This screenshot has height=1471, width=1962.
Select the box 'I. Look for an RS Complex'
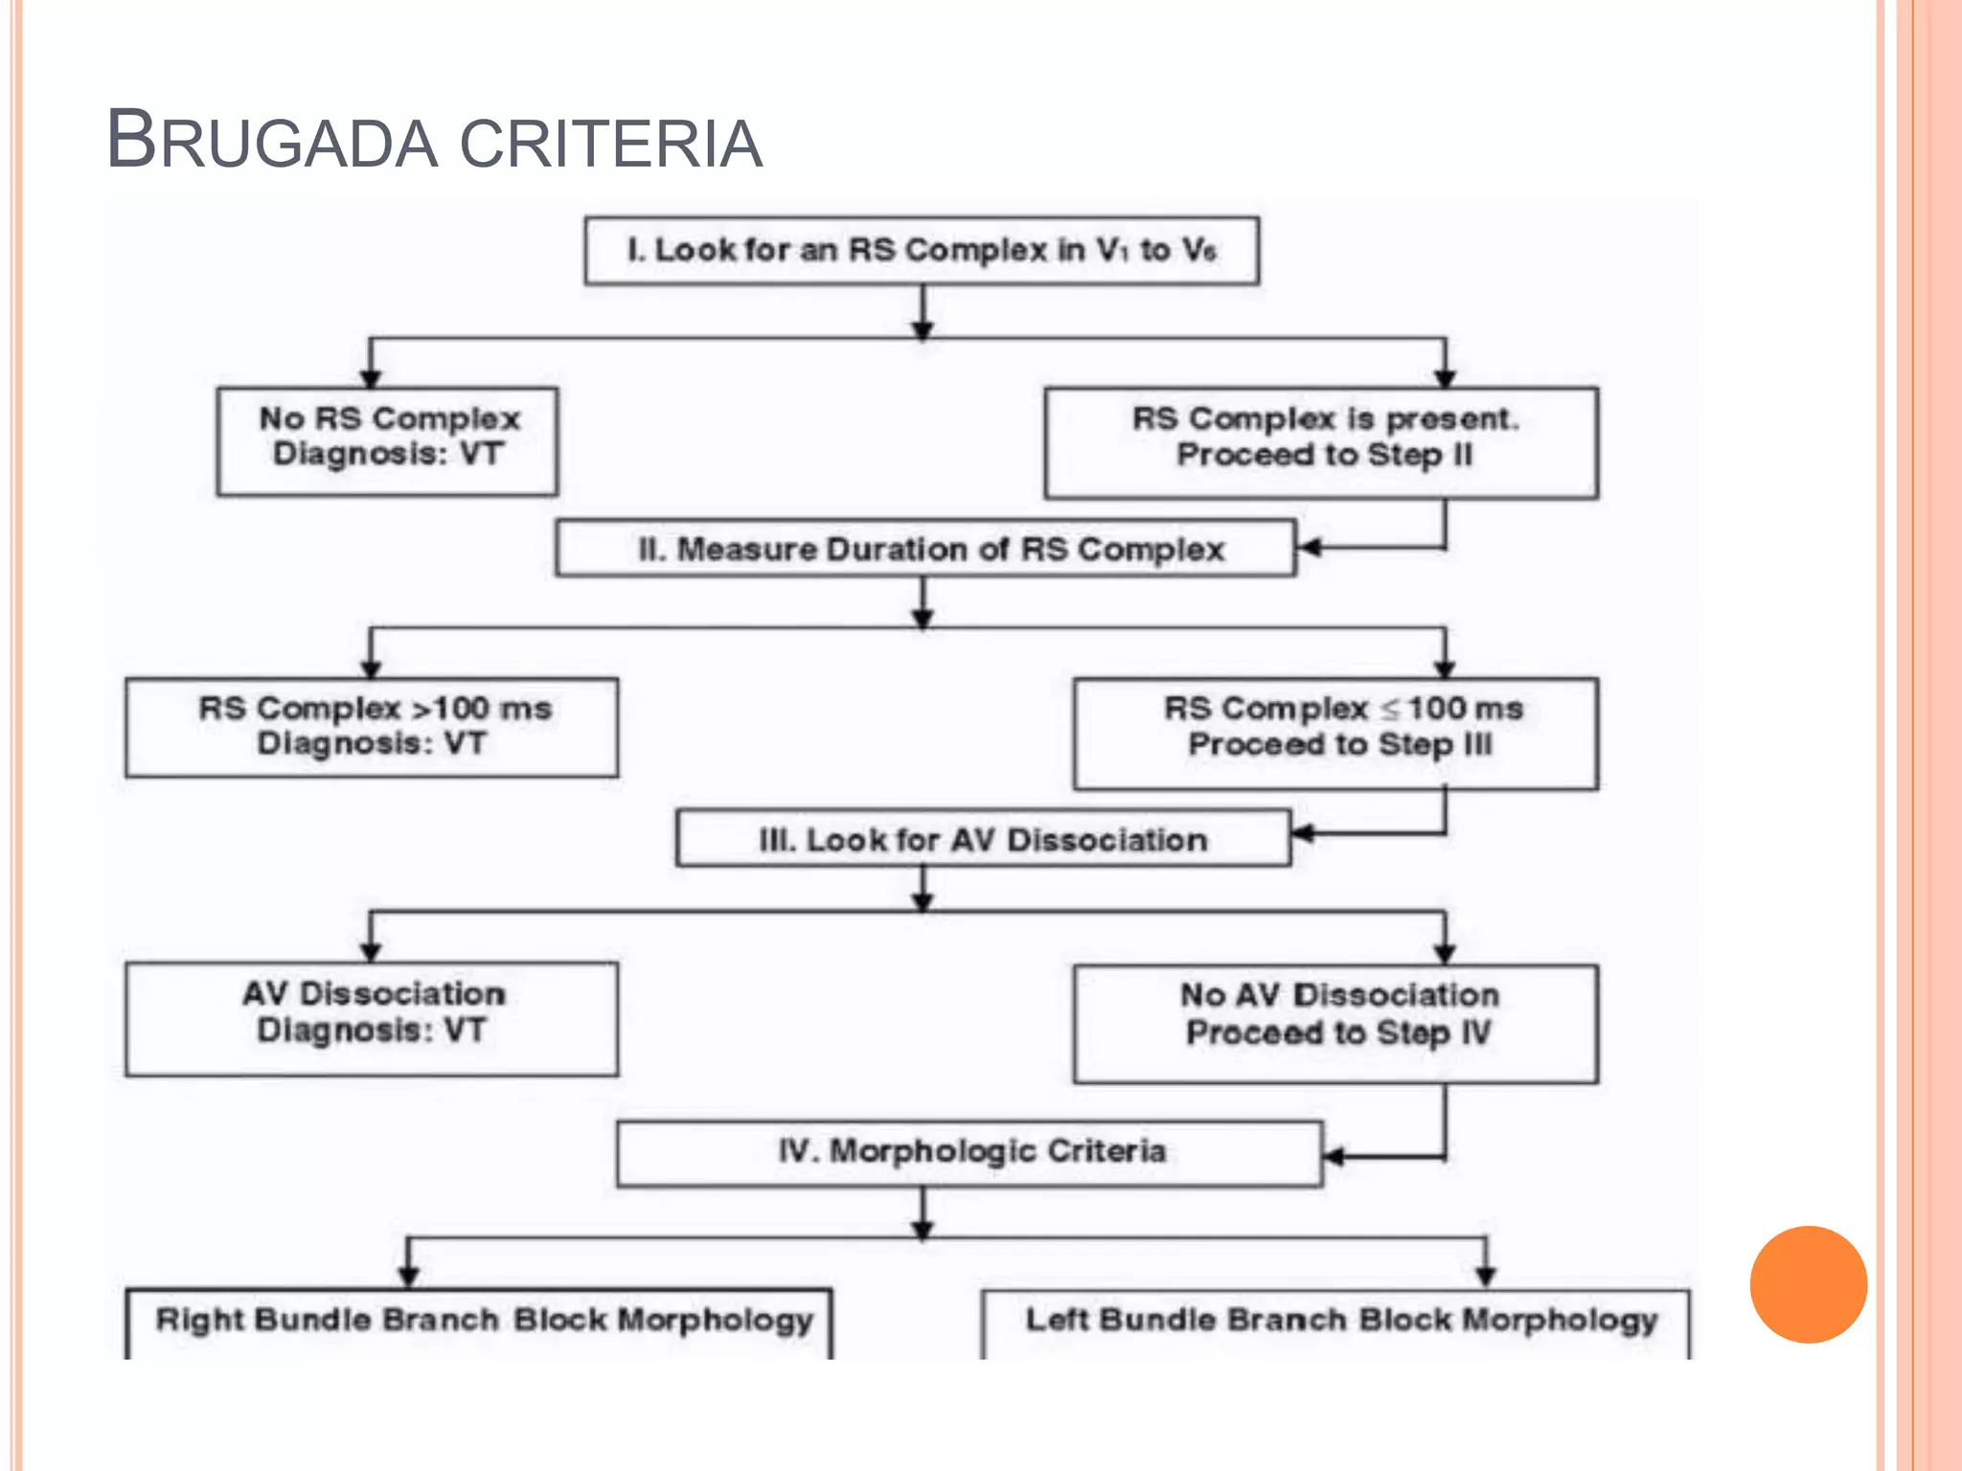[x=922, y=251]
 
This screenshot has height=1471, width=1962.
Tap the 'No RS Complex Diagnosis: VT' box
[x=388, y=441]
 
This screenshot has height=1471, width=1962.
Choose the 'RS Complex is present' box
[x=1322, y=441]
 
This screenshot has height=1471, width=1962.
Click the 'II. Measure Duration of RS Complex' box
[x=925, y=549]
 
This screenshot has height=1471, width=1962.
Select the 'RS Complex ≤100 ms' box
[x=1336, y=733]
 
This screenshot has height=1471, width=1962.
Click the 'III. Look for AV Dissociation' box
[x=982, y=839]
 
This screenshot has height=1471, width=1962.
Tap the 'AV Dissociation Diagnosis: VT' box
[x=373, y=1019]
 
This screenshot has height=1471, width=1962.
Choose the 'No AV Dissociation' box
[x=1336, y=1023]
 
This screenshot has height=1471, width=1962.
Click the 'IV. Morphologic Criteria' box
[x=970, y=1153]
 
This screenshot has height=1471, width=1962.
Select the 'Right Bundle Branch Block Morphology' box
[x=479, y=1322]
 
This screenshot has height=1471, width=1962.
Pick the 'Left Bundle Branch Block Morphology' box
[x=1337, y=1322]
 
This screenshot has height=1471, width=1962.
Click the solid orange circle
[x=1808, y=1284]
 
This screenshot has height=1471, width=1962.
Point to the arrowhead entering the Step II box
[x=1310, y=548]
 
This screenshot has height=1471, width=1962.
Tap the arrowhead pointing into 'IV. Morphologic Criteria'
[x=1335, y=1157]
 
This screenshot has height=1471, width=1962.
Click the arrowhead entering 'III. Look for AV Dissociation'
[x=1304, y=833]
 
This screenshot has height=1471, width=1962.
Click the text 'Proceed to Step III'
[x=1340, y=745]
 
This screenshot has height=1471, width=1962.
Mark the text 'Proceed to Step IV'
[x=1338, y=1033]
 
